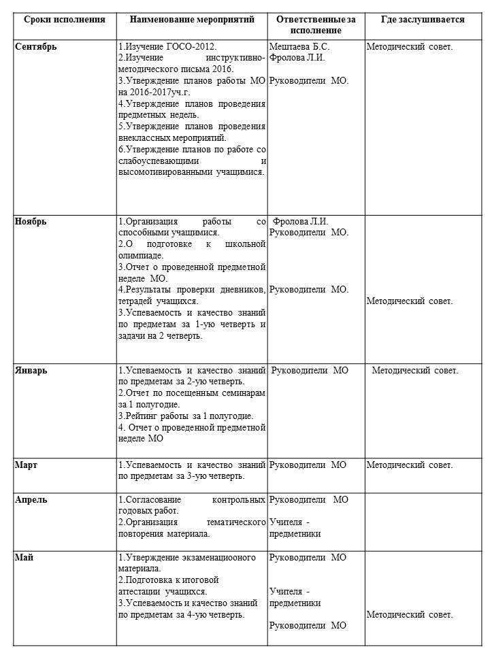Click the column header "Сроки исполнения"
coord(65,20)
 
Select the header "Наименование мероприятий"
coord(192,20)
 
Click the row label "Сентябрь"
coord(35,47)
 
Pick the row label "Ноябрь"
coord(31,221)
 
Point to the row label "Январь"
coord(31,371)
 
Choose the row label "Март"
coord(26,465)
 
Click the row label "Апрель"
coord(31,500)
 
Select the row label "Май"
coord(24,558)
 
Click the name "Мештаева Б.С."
coord(299,47)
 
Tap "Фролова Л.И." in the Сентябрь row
coord(297,58)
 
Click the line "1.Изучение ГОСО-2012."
coord(167,47)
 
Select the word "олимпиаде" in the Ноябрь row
coord(141,255)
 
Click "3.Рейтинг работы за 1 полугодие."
coord(186,416)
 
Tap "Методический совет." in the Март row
coord(409,465)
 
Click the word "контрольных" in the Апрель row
coord(238,500)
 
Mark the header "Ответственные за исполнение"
coord(316,25)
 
